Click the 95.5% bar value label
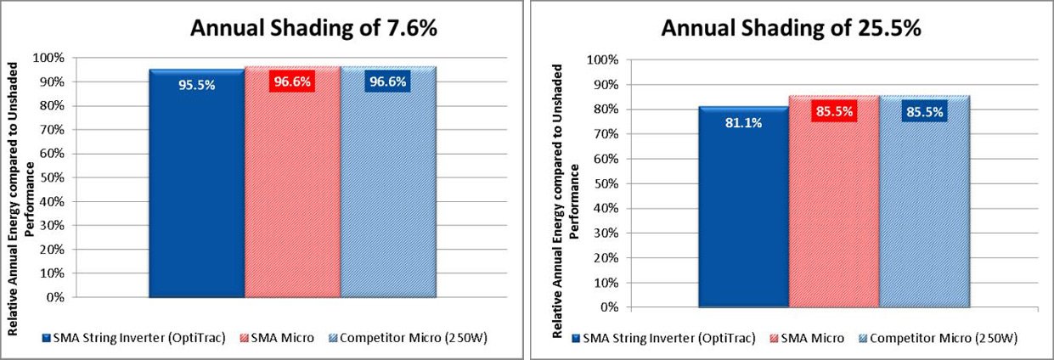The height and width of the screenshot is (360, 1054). point(197,85)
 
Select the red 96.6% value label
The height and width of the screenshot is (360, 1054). point(292,82)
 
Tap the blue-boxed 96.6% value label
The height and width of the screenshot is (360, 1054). point(388,82)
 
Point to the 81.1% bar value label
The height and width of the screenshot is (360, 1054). point(743,123)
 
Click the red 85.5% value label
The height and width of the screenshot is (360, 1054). point(834,111)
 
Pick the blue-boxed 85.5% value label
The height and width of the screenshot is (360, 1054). point(925,111)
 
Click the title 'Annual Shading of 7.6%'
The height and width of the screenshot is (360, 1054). point(314,28)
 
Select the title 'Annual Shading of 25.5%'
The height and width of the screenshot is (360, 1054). point(791,28)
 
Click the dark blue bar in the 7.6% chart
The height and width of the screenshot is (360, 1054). point(197,183)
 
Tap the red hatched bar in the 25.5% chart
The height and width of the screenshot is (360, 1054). point(834,201)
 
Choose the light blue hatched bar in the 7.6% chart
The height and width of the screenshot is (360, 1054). point(388,182)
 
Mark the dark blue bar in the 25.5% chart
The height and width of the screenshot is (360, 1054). point(743,207)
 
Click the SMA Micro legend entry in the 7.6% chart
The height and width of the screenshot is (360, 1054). point(277,338)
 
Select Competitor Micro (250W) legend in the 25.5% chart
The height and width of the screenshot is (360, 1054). point(938,339)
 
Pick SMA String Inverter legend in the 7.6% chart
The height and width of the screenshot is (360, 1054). point(134,338)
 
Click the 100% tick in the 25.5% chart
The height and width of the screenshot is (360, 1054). point(602,59)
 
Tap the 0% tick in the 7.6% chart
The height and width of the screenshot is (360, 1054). point(55,297)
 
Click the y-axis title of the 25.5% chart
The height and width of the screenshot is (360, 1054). point(565,201)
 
